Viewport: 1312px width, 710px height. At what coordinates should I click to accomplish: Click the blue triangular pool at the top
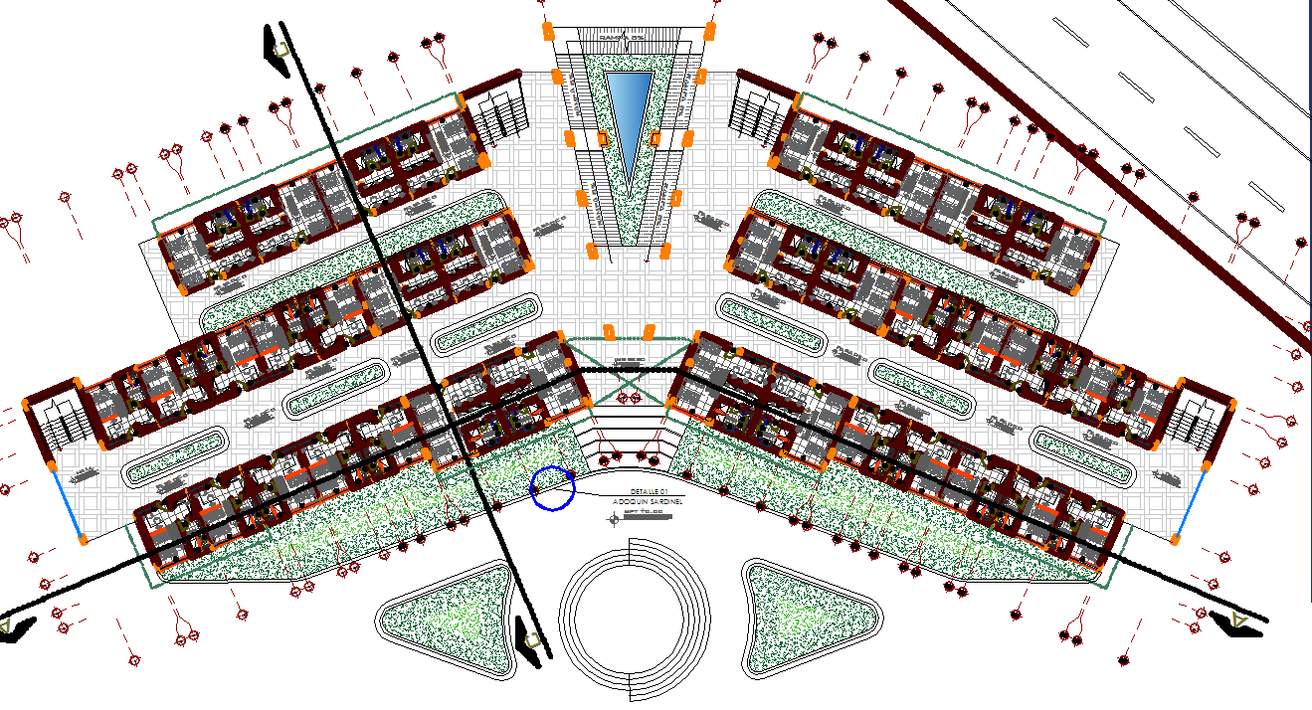627,109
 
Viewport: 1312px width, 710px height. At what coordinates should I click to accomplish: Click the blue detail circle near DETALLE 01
553,487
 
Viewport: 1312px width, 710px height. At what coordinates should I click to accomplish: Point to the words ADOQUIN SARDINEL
647,503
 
